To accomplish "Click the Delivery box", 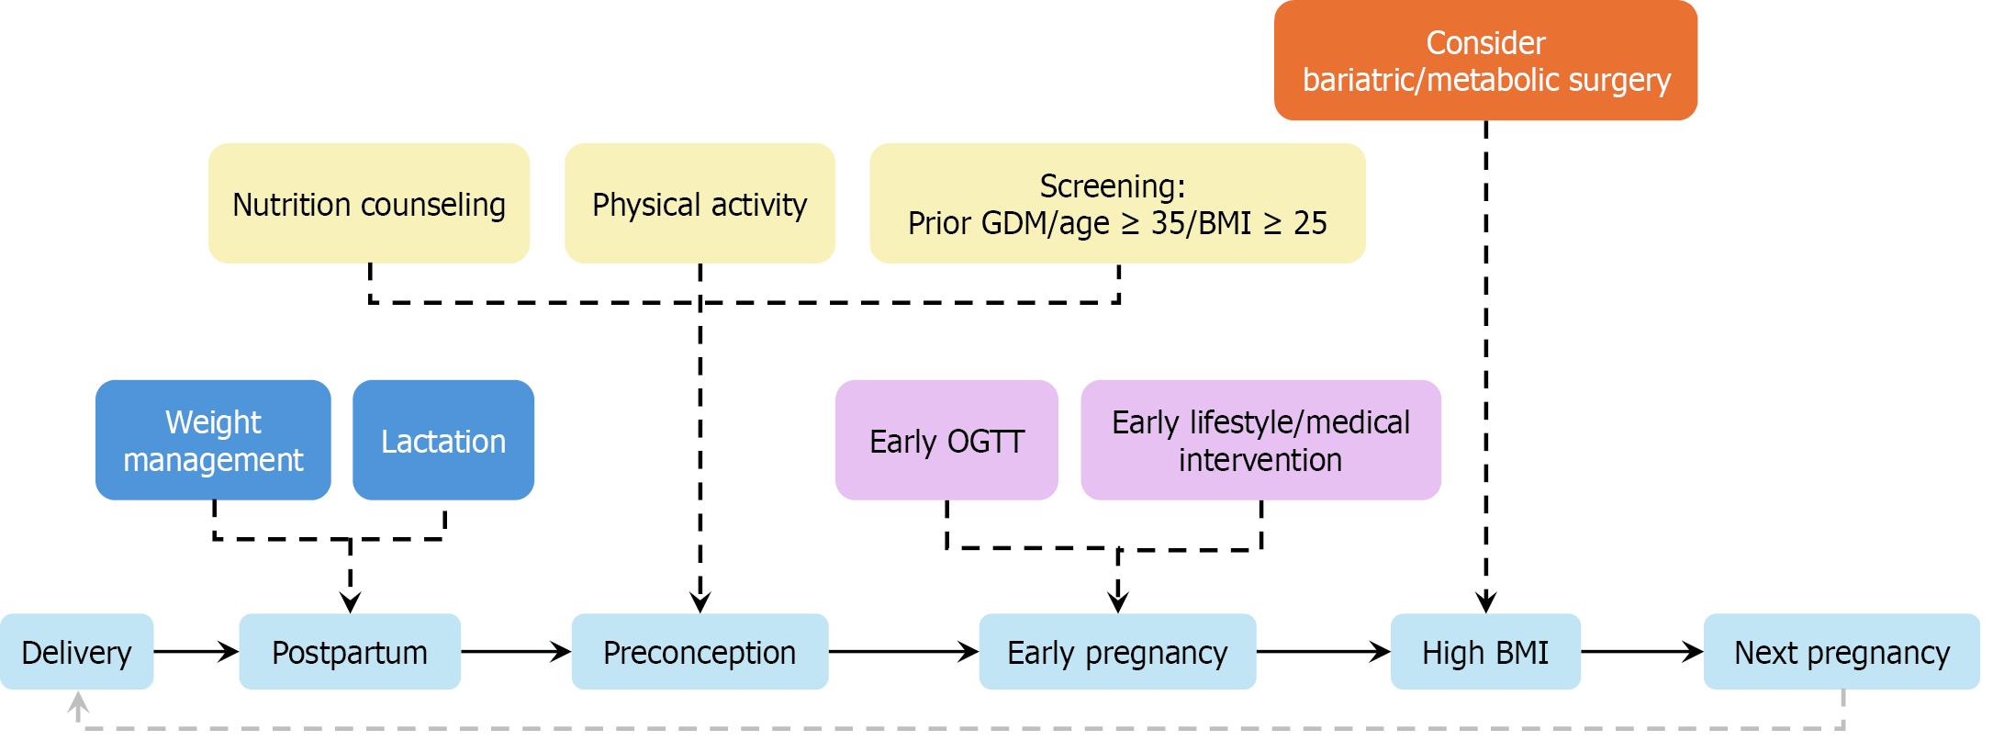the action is coord(77,652).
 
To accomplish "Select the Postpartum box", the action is coord(350,652).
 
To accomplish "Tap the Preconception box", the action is coord(700,652).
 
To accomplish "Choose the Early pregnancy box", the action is coord(1117,652).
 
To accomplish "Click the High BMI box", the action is coord(1485,652).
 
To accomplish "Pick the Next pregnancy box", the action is coord(1842,652).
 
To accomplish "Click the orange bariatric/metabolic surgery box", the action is coord(1485,61).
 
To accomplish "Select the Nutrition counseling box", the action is coord(369,204).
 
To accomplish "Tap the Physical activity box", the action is coord(700,204).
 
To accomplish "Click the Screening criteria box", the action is coord(1117,204).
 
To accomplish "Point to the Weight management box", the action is coord(213,441).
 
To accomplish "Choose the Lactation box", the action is coord(443,441).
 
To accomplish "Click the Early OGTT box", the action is coord(946,441).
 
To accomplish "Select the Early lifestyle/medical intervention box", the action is coord(1260,441).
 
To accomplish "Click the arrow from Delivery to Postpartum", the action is coord(196,652).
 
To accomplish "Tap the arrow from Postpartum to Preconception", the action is coord(516,652).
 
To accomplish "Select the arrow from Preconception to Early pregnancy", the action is coord(903,652).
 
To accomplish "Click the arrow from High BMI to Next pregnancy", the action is coord(1642,652).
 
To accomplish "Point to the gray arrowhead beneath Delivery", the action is coord(78,702).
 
